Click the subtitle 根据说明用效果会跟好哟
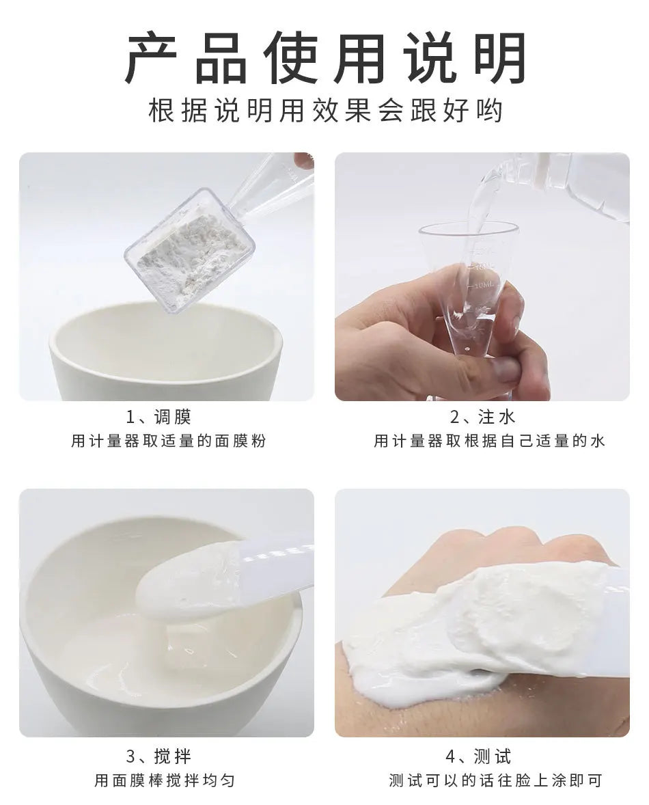pos(324,111)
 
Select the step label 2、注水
pos(482,418)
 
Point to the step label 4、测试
pos(482,756)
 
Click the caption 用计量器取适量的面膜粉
pos(168,441)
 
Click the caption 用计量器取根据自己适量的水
pos(489,441)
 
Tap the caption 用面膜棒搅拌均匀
pos(165,780)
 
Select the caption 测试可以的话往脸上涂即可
pos(495,780)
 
